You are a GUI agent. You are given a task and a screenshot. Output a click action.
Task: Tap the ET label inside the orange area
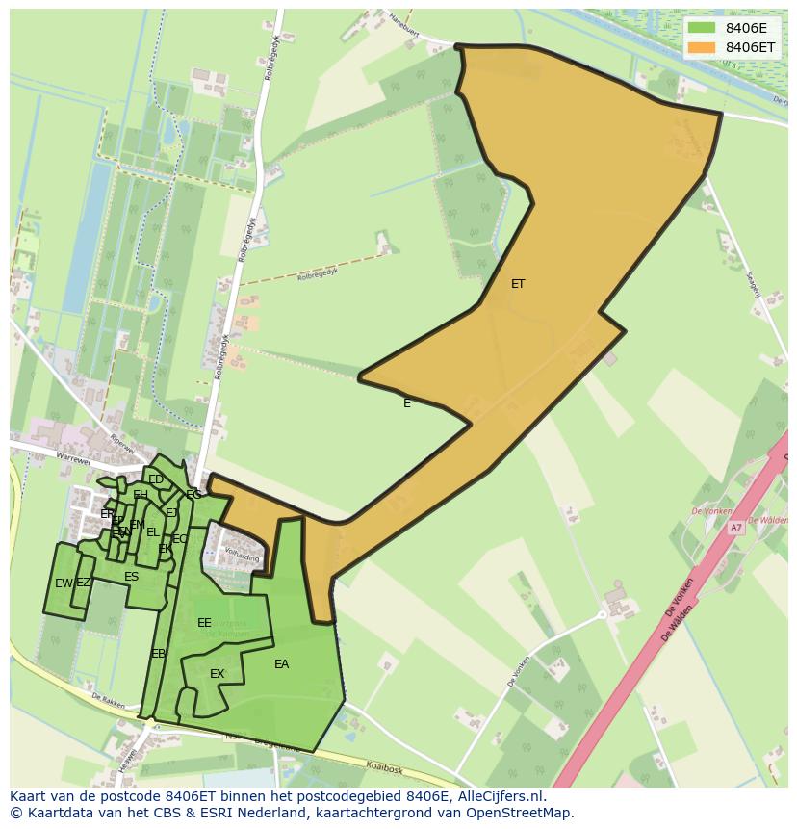(518, 284)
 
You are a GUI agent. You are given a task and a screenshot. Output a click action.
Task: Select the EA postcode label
(281, 664)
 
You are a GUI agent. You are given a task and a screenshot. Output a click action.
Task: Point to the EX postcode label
(217, 674)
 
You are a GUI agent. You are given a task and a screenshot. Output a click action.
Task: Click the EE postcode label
(204, 623)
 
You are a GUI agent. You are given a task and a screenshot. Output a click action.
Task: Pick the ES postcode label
(131, 577)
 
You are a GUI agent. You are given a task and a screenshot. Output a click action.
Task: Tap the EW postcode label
(63, 583)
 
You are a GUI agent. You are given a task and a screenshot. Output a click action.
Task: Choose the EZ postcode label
(84, 583)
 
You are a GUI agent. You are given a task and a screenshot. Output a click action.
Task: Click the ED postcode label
(155, 479)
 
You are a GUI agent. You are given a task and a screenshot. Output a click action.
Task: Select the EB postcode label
(158, 654)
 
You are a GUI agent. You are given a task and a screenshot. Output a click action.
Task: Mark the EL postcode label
(152, 532)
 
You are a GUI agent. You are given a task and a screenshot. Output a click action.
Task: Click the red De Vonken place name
(711, 511)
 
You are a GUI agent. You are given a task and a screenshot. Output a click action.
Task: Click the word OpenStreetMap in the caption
(520, 813)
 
